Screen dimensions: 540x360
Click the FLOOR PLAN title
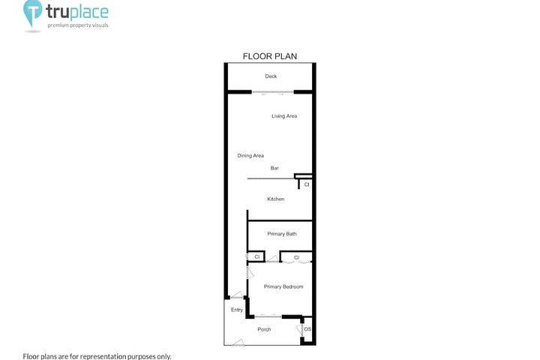[270, 56]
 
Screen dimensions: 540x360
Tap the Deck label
[271, 76]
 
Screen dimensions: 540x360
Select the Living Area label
[284, 116]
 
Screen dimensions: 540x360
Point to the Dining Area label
[250, 156]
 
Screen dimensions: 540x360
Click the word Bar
[274, 168]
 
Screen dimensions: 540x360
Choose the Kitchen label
[276, 199]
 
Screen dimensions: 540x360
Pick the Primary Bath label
[282, 234]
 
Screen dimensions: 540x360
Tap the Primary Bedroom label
[283, 286]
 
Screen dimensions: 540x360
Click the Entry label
[236, 310]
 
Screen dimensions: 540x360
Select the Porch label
[264, 330]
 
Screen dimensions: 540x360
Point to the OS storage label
[307, 329]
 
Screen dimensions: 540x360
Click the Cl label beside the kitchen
[307, 184]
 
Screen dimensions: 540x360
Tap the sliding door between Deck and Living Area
[272, 92]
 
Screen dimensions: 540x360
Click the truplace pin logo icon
[32, 13]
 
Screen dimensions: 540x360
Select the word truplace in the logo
[77, 13]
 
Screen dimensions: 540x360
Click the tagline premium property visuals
[78, 25]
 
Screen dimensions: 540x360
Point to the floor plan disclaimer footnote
[97, 356]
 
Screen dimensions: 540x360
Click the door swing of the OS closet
[299, 330]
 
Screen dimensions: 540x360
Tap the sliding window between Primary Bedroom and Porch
[268, 316]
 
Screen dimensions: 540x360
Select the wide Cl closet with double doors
[296, 257]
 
